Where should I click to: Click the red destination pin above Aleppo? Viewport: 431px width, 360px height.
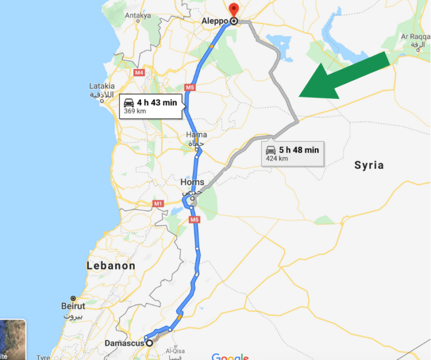pyautogui.click(x=233, y=10)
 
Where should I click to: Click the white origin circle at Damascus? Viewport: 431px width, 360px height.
pyautogui.click(x=149, y=343)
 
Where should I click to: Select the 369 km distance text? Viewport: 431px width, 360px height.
pyautogui.click(x=135, y=111)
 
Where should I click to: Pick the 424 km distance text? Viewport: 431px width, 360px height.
pyautogui.click(x=277, y=159)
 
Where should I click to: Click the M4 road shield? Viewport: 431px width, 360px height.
pyautogui.click(x=139, y=72)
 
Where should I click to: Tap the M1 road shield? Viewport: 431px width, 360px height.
pyautogui.click(x=157, y=204)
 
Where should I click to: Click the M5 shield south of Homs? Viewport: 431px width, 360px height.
pyautogui.click(x=194, y=219)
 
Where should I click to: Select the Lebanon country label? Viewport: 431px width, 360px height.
pyautogui.click(x=111, y=266)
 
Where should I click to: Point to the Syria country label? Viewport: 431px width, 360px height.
pyautogui.click(x=369, y=165)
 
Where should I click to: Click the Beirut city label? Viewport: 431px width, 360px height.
pyautogui.click(x=74, y=306)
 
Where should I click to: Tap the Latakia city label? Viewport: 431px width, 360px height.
pyautogui.click(x=102, y=86)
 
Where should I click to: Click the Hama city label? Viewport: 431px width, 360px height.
pyautogui.click(x=196, y=135)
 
